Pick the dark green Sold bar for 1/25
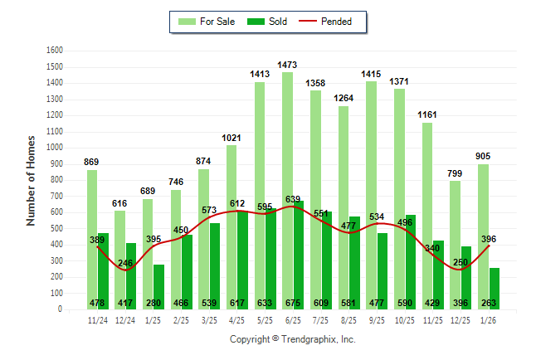click(159, 287)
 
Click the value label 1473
click(288, 65)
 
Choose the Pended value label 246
click(125, 263)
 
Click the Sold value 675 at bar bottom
click(299, 303)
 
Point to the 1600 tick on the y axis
click(55, 51)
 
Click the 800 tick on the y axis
click(57, 180)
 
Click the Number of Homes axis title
click(32, 180)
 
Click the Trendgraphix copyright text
click(292, 339)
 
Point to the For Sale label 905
click(483, 156)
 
